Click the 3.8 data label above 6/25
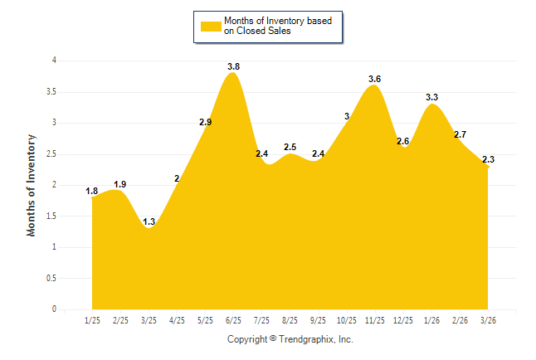[233, 66]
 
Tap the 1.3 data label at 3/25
[149, 222]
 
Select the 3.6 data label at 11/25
[374, 80]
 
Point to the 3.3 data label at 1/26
[431, 98]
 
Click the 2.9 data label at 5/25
[205, 123]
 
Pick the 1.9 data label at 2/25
[120, 185]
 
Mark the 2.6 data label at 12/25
[402, 142]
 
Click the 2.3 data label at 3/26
[488, 160]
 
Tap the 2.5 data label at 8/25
[290, 148]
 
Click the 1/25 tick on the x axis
[92, 319]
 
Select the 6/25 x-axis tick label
[233, 319]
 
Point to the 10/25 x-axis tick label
[346, 319]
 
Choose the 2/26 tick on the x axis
[460, 319]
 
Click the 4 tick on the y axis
[54, 61]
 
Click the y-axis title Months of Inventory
[32, 185]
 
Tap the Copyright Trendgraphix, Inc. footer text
[290, 340]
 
